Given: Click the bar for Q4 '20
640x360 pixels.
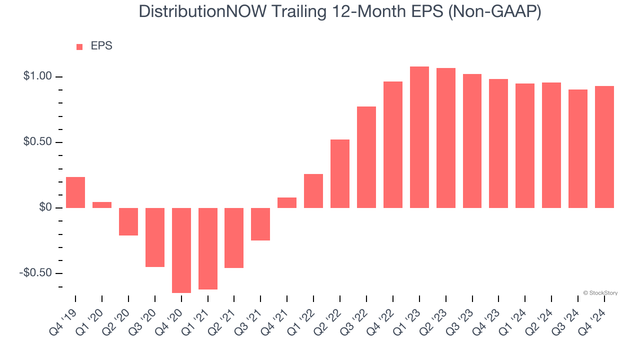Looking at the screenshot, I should coord(181,250).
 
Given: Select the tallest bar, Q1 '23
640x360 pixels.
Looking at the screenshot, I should coord(419,137).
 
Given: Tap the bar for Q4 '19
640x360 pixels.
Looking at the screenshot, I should coord(75,192).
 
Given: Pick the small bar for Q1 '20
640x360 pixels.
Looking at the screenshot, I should coord(102,205).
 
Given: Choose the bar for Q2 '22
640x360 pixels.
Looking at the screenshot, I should coord(340,173).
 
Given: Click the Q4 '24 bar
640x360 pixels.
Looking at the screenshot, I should coord(604,147).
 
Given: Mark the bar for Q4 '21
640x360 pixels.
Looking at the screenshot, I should coord(287,202).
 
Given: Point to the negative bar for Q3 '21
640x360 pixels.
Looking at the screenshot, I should coord(260,224).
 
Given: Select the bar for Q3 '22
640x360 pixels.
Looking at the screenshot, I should coord(366,157).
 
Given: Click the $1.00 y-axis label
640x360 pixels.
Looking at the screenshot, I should coord(37,76).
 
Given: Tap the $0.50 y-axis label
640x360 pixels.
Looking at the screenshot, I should coord(37,142).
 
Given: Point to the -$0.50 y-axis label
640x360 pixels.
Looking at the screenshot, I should coord(36,273).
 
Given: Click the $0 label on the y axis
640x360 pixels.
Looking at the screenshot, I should coord(45,207).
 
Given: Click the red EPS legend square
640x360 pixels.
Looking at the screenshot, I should coord(79,47).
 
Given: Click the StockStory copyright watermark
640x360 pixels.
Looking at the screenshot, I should coord(600,293).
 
